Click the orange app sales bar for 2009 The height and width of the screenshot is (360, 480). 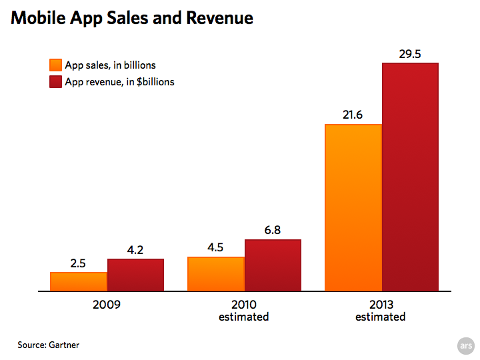(x=79, y=281)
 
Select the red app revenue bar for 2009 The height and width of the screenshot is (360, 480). (x=135, y=275)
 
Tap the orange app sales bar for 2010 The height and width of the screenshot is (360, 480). (x=216, y=274)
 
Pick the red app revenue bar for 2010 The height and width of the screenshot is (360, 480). (x=273, y=265)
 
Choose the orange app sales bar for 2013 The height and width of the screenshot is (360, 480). (x=353, y=207)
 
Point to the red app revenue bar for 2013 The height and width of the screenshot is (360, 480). (x=410, y=177)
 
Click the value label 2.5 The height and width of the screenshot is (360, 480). (x=78, y=263)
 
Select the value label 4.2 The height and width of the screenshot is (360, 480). (x=135, y=250)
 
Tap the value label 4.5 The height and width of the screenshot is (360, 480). (x=215, y=248)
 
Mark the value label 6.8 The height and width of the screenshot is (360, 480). (x=273, y=231)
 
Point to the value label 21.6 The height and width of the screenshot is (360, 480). (x=353, y=115)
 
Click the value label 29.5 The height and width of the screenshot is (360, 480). (x=410, y=54)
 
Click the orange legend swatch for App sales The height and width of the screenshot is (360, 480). (x=55, y=65)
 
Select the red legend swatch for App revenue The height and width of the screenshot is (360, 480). (x=55, y=82)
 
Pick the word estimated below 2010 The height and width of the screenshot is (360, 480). (x=244, y=317)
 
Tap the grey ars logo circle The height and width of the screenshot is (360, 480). (x=465, y=345)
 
